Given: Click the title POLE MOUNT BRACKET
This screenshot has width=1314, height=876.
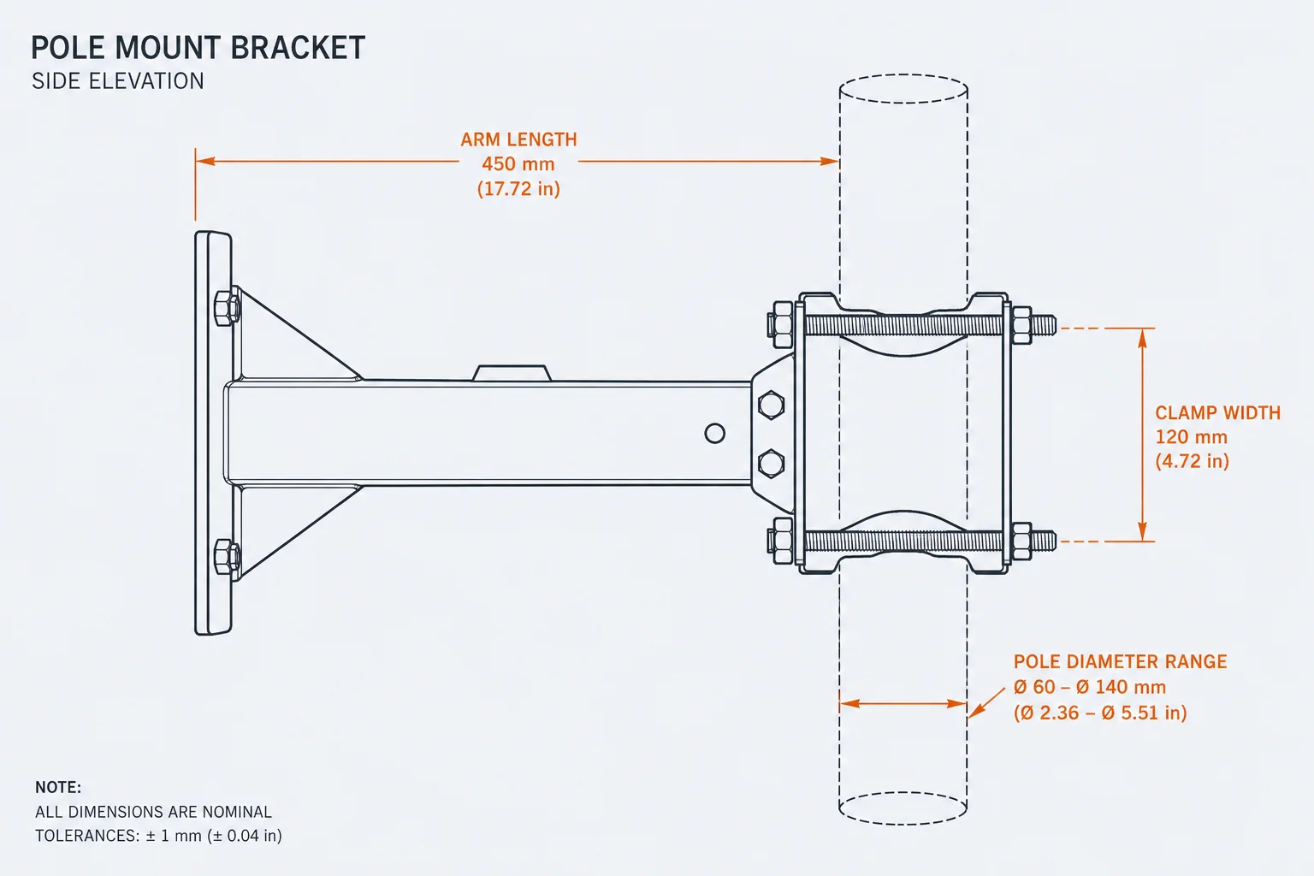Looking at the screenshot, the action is click(x=198, y=48).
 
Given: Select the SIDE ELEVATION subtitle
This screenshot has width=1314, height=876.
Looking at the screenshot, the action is click(x=118, y=81).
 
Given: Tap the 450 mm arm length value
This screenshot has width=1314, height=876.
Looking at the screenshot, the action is click(x=518, y=163).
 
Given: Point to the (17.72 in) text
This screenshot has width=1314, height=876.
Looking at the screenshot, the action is click(x=518, y=189).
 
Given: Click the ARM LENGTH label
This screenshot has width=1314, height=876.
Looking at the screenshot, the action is click(x=518, y=139).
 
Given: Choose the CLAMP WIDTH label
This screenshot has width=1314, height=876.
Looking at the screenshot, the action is click(x=1218, y=413).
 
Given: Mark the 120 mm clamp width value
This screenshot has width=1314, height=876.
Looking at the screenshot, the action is click(x=1192, y=437).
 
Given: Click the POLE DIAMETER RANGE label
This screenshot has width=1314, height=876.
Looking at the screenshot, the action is click(x=1121, y=662).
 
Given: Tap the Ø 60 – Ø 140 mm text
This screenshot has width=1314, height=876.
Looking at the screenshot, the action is click(x=1089, y=687).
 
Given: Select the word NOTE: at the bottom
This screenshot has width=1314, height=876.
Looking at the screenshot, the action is click(x=58, y=787).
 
